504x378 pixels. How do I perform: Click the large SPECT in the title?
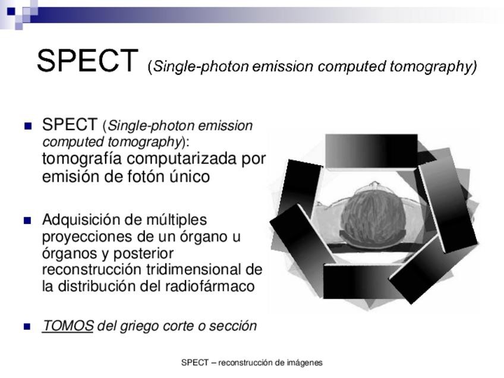point(88,60)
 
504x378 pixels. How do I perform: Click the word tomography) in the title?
point(433,67)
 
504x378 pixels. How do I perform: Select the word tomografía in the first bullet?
point(82,159)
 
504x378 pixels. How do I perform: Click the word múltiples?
point(177,220)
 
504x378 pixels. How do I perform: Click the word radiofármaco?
point(210,286)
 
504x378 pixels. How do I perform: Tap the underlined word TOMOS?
point(68,326)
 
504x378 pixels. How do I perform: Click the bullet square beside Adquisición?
point(28,220)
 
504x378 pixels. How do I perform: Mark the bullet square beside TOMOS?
point(28,326)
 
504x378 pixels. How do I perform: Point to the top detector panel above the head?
point(371,151)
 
